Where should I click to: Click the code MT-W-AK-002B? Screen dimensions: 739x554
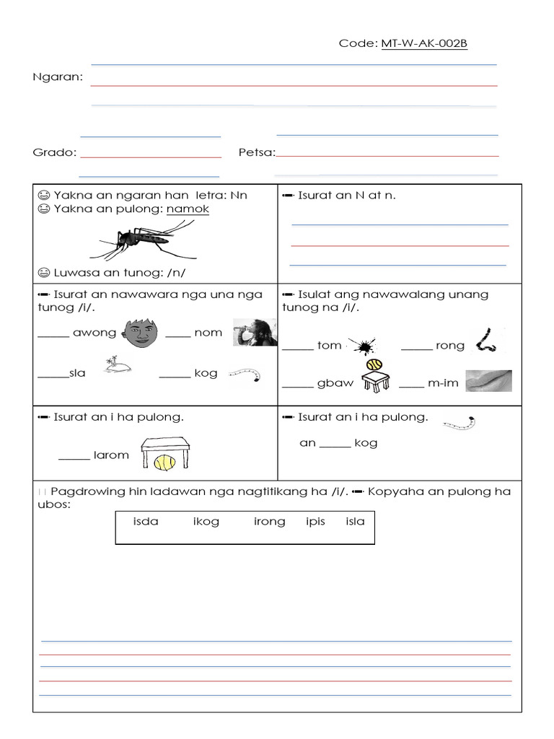point(424,44)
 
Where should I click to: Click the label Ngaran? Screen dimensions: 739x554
point(58,76)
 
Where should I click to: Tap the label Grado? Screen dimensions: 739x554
point(55,152)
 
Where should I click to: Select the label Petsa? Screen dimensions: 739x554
point(256,152)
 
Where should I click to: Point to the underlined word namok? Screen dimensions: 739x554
point(188,209)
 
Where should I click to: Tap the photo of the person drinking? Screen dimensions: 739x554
point(255,332)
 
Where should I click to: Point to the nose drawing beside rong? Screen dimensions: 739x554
point(485,341)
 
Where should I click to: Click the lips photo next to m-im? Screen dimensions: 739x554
point(488,381)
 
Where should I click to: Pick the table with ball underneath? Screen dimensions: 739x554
point(165,455)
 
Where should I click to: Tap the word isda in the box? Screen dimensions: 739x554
point(146,521)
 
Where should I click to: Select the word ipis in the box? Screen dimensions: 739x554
point(315,521)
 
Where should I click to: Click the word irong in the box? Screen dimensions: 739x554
point(269,521)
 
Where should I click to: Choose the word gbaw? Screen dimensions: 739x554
point(335,382)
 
